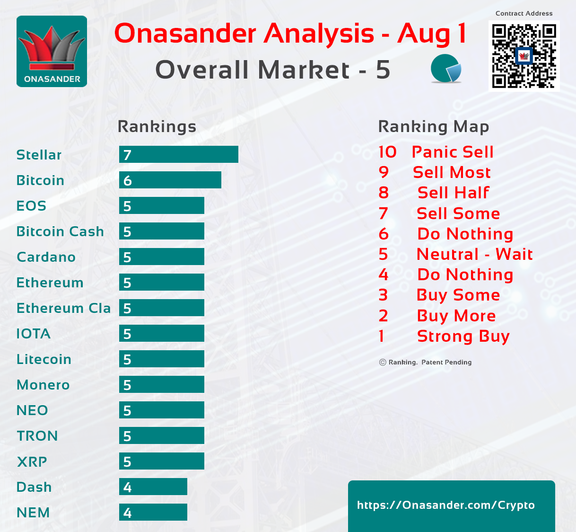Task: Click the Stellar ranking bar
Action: click(x=179, y=154)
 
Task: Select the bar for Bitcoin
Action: click(x=170, y=180)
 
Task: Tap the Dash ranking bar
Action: click(x=153, y=487)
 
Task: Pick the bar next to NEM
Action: click(x=153, y=512)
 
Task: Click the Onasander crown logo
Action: click(x=52, y=52)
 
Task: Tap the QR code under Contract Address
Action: click(x=524, y=56)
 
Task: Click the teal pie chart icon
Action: click(x=446, y=68)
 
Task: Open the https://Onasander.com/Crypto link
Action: click(x=446, y=505)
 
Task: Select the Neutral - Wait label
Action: click(x=474, y=254)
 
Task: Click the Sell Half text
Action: click(x=454, y=193)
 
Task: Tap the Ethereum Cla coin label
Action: click(x=64, y=308)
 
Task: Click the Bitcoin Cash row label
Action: click(x=60, y=231)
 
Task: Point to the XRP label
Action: click(x=32, y=461)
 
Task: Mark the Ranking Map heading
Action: click(x=434, y=127)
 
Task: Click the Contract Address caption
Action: click(x=524, y=13)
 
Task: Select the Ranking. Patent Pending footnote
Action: click(x=425, y=362)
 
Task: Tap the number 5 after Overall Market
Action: click(x=383, y=70)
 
